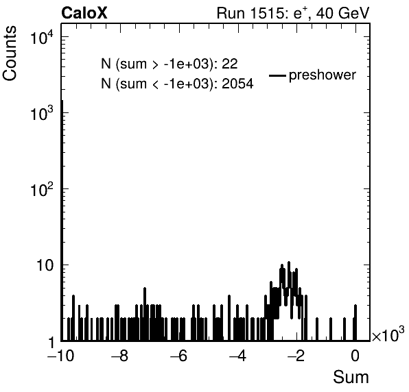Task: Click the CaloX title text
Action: click(x=84, y=13)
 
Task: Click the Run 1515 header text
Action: click(x=293, y=13)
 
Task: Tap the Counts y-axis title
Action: click(x=10, y=53)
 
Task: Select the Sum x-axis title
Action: click(x=351, y=377)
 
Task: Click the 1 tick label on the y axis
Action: click(x=51, y=342)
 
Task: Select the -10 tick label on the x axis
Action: click(x=61, y=356)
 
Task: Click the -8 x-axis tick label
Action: click(x=119, y=356)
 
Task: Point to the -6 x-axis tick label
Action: click(x=178, y=356)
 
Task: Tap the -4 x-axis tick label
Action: click(x=237, y=356)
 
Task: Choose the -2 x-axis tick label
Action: click(x=296, y=356)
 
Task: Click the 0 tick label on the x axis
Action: click(x=355, y=356)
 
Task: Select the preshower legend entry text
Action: click(x=323, y=75)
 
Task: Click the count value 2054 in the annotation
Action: click(x=237, y=84)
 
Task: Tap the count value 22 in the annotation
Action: click(x=230, y=64)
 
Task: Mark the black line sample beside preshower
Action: click(x=277, y=76)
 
